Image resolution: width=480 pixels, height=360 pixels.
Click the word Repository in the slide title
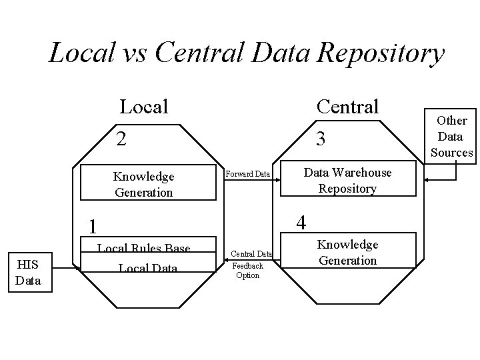(381, 54)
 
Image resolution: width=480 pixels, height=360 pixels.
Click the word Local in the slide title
(82, 53)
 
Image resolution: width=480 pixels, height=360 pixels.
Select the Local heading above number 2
(143, 106)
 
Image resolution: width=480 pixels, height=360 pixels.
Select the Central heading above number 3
(347, 106)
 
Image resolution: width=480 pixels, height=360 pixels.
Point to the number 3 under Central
(321, 139)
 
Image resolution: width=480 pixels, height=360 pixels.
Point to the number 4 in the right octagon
(301, 221)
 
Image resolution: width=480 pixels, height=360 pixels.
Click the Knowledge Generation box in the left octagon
(143, 184)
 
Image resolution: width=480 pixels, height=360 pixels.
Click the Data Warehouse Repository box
(347, 180)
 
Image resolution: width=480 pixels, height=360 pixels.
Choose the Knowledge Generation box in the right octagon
(347, 252)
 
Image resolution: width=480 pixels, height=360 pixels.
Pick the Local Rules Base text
(143, 249)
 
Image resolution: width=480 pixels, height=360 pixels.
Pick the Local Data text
(147, 268)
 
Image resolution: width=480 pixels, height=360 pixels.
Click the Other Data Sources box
(451, 137)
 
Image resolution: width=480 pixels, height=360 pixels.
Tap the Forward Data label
(247, 175)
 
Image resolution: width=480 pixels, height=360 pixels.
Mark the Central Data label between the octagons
(251, 253)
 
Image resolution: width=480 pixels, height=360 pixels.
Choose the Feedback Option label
(247, 270)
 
